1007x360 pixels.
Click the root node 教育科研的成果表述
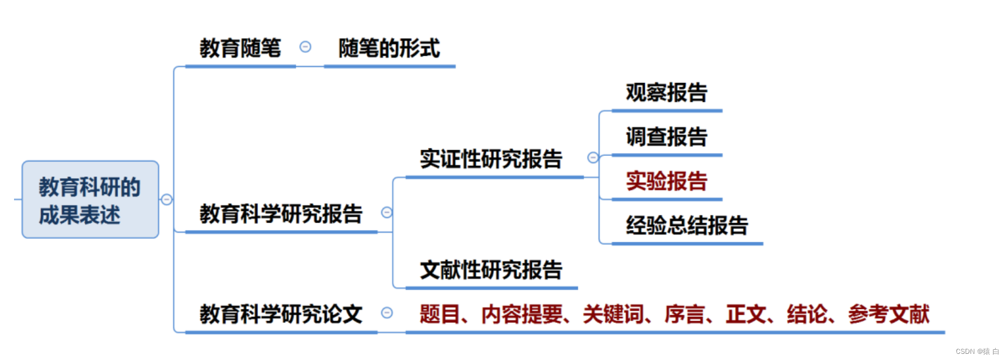[x=90, y=200]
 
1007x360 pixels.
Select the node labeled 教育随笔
[x=240, y=48]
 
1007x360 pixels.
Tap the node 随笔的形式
[x=389, y=48]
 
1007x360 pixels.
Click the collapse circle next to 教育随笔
[x=305, y=47]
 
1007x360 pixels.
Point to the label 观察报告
[x=666, y=93]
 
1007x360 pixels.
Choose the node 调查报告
[x=666, y=137]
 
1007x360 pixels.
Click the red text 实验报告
[x=666, y=181]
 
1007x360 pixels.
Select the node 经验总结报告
[x=687, y=225]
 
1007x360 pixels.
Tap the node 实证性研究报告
[x=491, y=159]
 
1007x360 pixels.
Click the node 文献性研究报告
[x=491, y=270]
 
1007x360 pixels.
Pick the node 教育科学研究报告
[x=281, y=214]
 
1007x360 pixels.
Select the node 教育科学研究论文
[x=281, y=314]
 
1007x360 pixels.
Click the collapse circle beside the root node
[x=167, y=200]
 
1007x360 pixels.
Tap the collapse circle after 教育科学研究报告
[x=387, y=213]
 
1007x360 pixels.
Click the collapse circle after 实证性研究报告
[x=592, y=158]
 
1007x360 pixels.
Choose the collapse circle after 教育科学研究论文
[x=387, y=313]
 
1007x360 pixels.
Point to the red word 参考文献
[x=889, y=314]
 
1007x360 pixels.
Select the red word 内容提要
[x=522, y=314]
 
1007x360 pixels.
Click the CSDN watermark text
[x=977, y=352]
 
